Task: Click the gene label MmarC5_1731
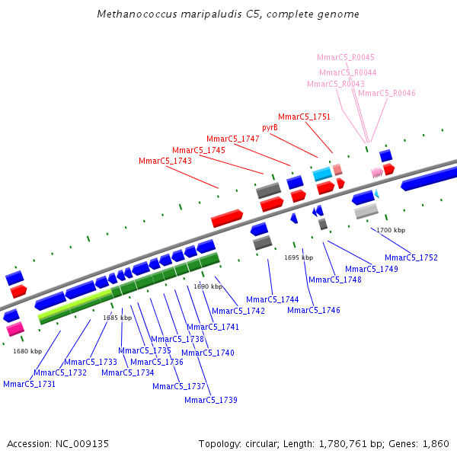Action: pyautogui.click(x=29, y=384)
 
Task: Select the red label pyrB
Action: pyautogui.click(x=270, y=127)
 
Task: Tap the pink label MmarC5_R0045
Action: pyautogui.click(x=346, y=57)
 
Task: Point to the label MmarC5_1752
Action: pyautogui.click(x=411, y=257)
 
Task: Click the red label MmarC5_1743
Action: pyautogui.click(x=165, y=161)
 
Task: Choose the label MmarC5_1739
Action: pyautogui.click(x=211, y=400)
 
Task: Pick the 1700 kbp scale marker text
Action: pyautogui.click(x=391, y=230)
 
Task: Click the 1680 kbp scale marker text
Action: pyautogui.click(x=27, y=351)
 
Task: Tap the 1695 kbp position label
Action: pyautogui.click(x=299, y=257)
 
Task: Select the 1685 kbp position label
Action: pyautogui.click(x=117, y=318)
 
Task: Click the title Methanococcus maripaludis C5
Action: pyautogui.click(x=228, y=14)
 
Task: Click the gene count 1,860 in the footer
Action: pyautogui.click(x=436, y=443)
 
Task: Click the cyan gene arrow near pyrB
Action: pyautogui.click(x=321, y=174)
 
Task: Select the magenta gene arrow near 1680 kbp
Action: pyautogui.click(x=15, y=329)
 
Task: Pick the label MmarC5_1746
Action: pyautogui.click(x=314, y=310)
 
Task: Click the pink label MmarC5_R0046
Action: pyautogui.click(x=387, y=93)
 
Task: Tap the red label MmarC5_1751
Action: pyautogui.click(x=305, y=117)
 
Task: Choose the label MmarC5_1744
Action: pyautogui.click(x=273, y=299)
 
